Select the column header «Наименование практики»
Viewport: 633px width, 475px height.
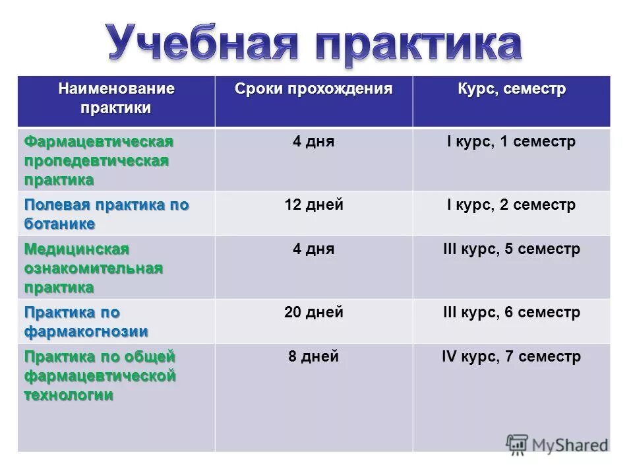point(116,98)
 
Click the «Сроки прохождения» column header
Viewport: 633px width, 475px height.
point(314,88)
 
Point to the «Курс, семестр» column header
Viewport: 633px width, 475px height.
point(512,88)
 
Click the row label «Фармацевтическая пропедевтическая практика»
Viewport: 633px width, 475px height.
point(99,160)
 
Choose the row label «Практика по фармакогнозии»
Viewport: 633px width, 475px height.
point(86,321)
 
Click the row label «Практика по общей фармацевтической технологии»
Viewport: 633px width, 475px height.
point(100,375)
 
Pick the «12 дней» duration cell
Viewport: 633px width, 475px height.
point(314,205)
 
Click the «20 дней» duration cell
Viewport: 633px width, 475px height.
point(314,312)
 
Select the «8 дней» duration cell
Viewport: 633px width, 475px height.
point(314,357)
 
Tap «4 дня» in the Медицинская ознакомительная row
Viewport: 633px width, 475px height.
point(314,249)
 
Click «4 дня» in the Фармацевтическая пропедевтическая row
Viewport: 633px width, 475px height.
point(314,142)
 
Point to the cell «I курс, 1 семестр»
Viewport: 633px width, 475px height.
point(512,142)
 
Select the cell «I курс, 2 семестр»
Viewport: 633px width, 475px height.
point(512,205)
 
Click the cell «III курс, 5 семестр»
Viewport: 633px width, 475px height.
point(512,249)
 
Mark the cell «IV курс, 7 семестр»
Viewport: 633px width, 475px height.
point(512,357)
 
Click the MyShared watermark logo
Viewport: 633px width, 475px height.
point(557,444)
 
